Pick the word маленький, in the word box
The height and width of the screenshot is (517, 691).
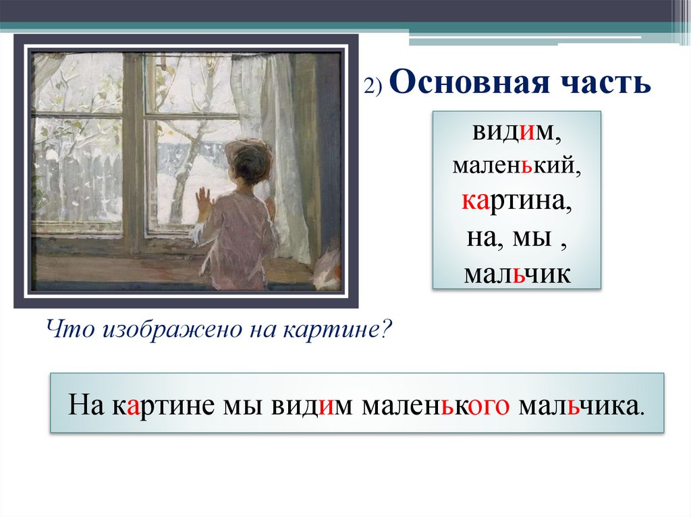516,167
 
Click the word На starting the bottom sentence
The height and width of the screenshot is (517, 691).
84,405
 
